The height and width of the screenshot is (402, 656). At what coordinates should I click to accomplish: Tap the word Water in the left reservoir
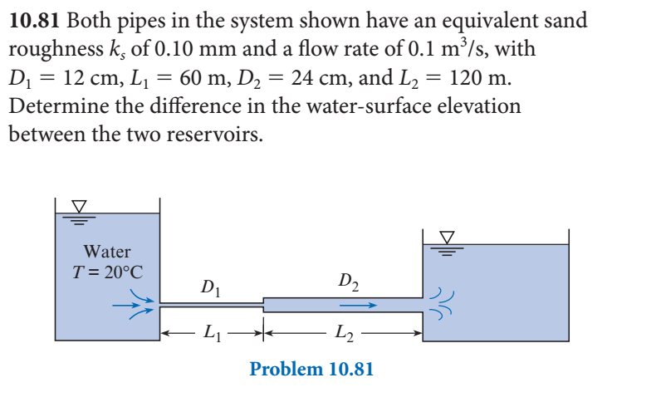pyautogui.click(x=107, y=250)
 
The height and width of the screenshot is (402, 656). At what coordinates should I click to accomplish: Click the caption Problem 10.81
pyautogui.click(x=311, y=369)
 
